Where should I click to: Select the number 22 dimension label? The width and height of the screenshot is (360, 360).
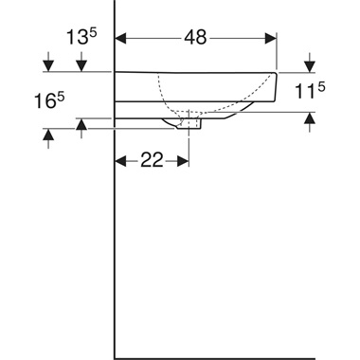[x=152, y=161]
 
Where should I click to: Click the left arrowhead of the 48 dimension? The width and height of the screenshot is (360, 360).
[x=121, y=39]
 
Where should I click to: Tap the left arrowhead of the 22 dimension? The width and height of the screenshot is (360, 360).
[x=121, y=161]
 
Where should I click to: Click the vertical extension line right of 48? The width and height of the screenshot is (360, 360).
[x=277, y=52]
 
